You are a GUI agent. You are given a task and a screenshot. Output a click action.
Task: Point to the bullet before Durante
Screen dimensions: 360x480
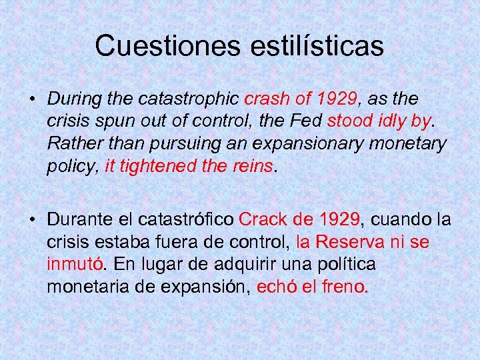pos(31,220)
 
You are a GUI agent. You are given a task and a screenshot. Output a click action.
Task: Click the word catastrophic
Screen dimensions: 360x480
pos(189,99)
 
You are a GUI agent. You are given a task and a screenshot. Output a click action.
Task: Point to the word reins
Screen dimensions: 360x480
pos(253,165)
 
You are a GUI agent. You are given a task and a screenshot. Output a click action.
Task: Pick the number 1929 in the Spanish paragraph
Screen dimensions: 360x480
pos(338,219)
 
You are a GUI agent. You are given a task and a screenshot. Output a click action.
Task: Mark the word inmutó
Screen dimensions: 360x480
pos(75,263)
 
